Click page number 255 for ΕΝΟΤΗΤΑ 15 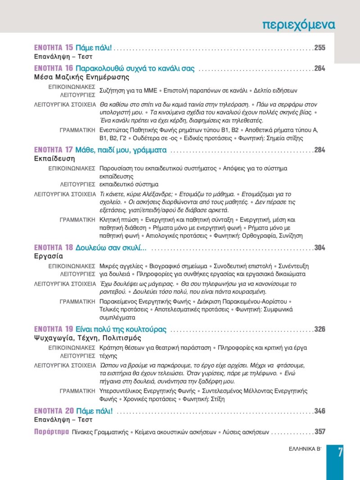pyautogui.click(x=320, y=48)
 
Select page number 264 pyautogui.click(x=320, y=69)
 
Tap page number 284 pyautogui.click(x=320, y=150)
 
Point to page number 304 pyautogui.click(x=320, y=248)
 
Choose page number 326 pyautogui.click(x=320, y=330)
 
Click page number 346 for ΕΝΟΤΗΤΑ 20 pyautogui.click(x=320, y=411)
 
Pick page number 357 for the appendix pyautogui.click(x=320, y=432)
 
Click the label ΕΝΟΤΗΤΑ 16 pyautogui.click(x=54, y=69)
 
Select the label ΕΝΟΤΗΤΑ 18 pyautogui.click(x=54, y=248)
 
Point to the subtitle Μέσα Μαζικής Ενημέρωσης pyautogui.click(x=72, y=77)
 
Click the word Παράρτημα pyautogui.click(x=50, y=432)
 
